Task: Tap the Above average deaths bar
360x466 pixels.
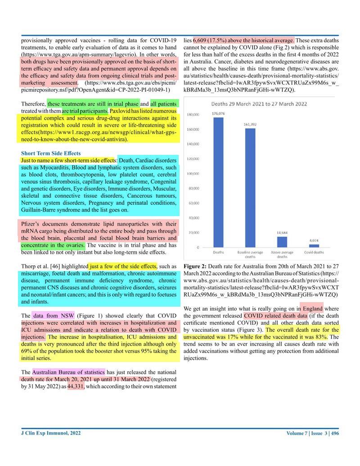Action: coord(282,242)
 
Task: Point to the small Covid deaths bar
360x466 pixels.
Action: coord(314,246)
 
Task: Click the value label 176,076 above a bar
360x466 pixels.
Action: coord(218,113)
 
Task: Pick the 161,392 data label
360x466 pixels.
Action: coord(250,124)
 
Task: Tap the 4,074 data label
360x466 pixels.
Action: coord(314,240)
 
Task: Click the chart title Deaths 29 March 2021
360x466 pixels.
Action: coord(259,104)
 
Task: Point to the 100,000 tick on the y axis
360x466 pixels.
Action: coord(193,173)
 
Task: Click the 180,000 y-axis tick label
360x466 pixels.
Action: coord(193,114)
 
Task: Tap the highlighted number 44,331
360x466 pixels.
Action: coord(75,386)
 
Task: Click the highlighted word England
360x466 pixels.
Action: coord(312,309)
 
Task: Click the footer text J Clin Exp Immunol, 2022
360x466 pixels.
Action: coord(51,433)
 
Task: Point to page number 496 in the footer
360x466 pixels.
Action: coord(334,433)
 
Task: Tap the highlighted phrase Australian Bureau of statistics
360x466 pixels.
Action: coord(68,372)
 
